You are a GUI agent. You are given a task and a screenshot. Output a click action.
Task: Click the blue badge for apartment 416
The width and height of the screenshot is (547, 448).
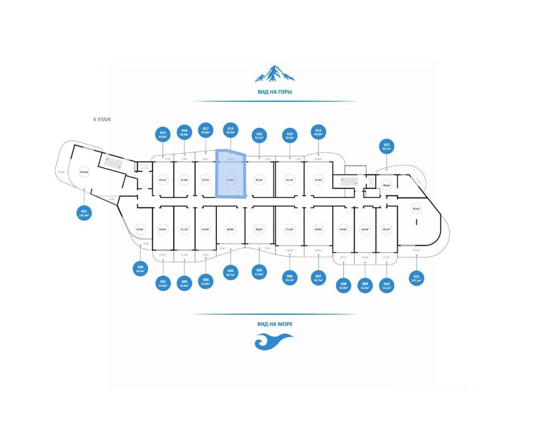[231, 131]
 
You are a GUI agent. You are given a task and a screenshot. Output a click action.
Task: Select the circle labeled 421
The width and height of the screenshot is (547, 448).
[83, 212]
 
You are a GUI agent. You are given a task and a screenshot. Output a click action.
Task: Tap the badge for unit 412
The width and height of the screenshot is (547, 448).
[387, 147]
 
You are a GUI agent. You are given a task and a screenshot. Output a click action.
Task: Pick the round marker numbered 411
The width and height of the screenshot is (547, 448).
[416, 278]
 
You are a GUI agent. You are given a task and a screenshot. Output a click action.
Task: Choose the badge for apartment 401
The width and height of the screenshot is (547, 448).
[163, 283]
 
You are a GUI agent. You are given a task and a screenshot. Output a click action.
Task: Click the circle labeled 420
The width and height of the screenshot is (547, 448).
[140, 269]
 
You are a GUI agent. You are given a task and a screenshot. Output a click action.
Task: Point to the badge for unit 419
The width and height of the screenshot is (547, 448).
[163, 135]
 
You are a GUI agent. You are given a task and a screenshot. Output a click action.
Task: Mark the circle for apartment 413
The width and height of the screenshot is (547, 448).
[318, 132]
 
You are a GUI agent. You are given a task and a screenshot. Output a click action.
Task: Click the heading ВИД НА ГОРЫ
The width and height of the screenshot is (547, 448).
[274, 92]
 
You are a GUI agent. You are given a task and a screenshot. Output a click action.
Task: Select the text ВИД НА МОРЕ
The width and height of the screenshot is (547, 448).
[275, 324]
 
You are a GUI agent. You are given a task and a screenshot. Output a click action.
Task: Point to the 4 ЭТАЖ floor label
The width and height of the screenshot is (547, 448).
[102, 120]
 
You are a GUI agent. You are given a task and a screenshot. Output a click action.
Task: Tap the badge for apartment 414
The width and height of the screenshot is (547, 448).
[290, 136]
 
